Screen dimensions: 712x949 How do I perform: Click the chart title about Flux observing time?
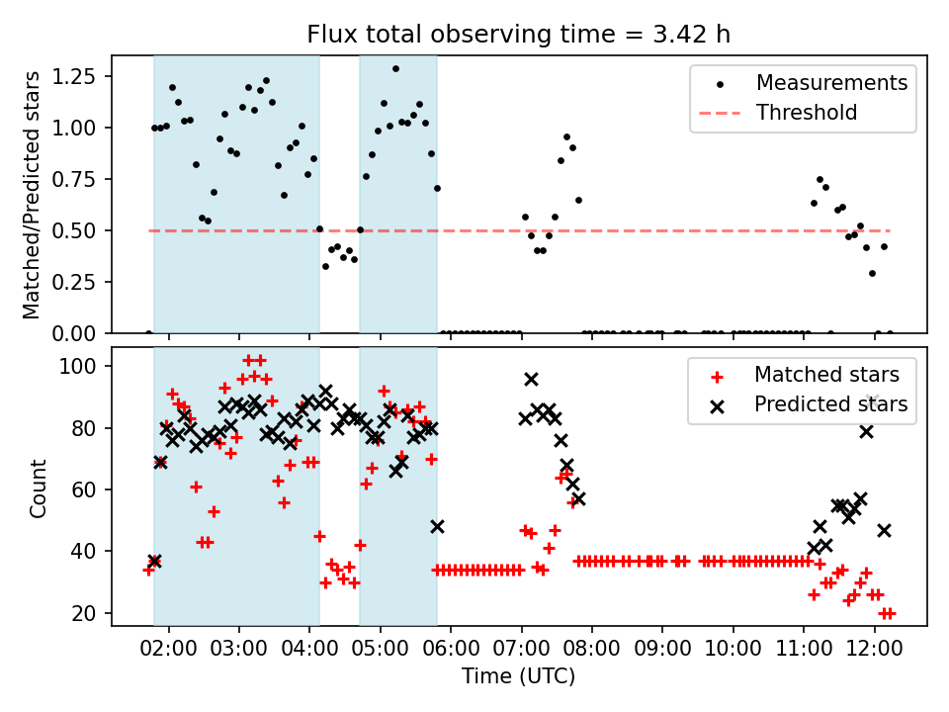click(x=519, y=35)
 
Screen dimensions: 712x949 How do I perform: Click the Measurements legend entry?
click(x=831, y=83)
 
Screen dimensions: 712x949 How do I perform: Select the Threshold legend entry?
click(x=806, y=113)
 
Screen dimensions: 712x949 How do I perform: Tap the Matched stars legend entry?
click(x=826, y=375)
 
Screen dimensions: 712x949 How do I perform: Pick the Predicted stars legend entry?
click(x=831, y=403)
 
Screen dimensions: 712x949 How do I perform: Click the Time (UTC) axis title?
click(x=519, y=677)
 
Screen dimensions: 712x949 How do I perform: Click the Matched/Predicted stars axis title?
click(x=32, y=195)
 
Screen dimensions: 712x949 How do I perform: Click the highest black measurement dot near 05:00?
click(x=395, y=68)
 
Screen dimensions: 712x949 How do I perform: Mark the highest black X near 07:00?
click(x=531, y=379)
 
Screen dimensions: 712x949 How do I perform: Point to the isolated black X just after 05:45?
click(x=437, y=526)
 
